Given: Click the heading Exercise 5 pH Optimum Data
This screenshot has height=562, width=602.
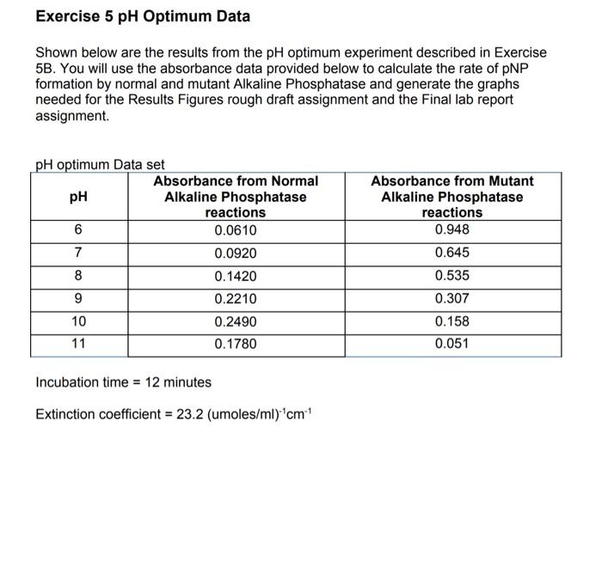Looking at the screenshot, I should (143, 16).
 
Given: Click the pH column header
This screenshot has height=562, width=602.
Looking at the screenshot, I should (78, 197).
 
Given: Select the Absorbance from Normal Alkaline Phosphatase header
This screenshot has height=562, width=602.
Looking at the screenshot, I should (236, 197).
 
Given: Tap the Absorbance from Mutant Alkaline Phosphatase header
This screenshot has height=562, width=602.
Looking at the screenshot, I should (451, 197).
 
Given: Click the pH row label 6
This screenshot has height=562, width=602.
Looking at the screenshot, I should (78, 230).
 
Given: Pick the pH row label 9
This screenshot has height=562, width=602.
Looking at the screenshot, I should (78, 299).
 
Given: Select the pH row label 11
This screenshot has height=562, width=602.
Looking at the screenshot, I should (78, 345).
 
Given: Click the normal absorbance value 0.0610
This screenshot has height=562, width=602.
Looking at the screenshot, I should (236, 230).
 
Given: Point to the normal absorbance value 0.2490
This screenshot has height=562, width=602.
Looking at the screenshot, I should (236, 321).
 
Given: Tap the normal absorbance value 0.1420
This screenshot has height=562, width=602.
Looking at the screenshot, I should (236, 276).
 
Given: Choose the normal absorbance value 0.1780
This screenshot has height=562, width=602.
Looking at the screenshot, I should (236, 345).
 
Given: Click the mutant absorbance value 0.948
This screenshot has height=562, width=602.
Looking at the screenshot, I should (451, 229).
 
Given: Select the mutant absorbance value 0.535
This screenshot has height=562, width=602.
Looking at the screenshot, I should (451, 276).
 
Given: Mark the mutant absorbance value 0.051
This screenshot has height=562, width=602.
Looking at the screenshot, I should (451, 345).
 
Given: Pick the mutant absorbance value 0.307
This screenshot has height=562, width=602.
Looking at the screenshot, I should (451, 299).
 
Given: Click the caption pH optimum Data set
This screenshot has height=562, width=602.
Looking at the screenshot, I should (100, 164).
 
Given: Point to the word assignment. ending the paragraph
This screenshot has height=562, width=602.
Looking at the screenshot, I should (72, 115).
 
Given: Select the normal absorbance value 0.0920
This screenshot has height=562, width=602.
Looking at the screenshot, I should (236, 254).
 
